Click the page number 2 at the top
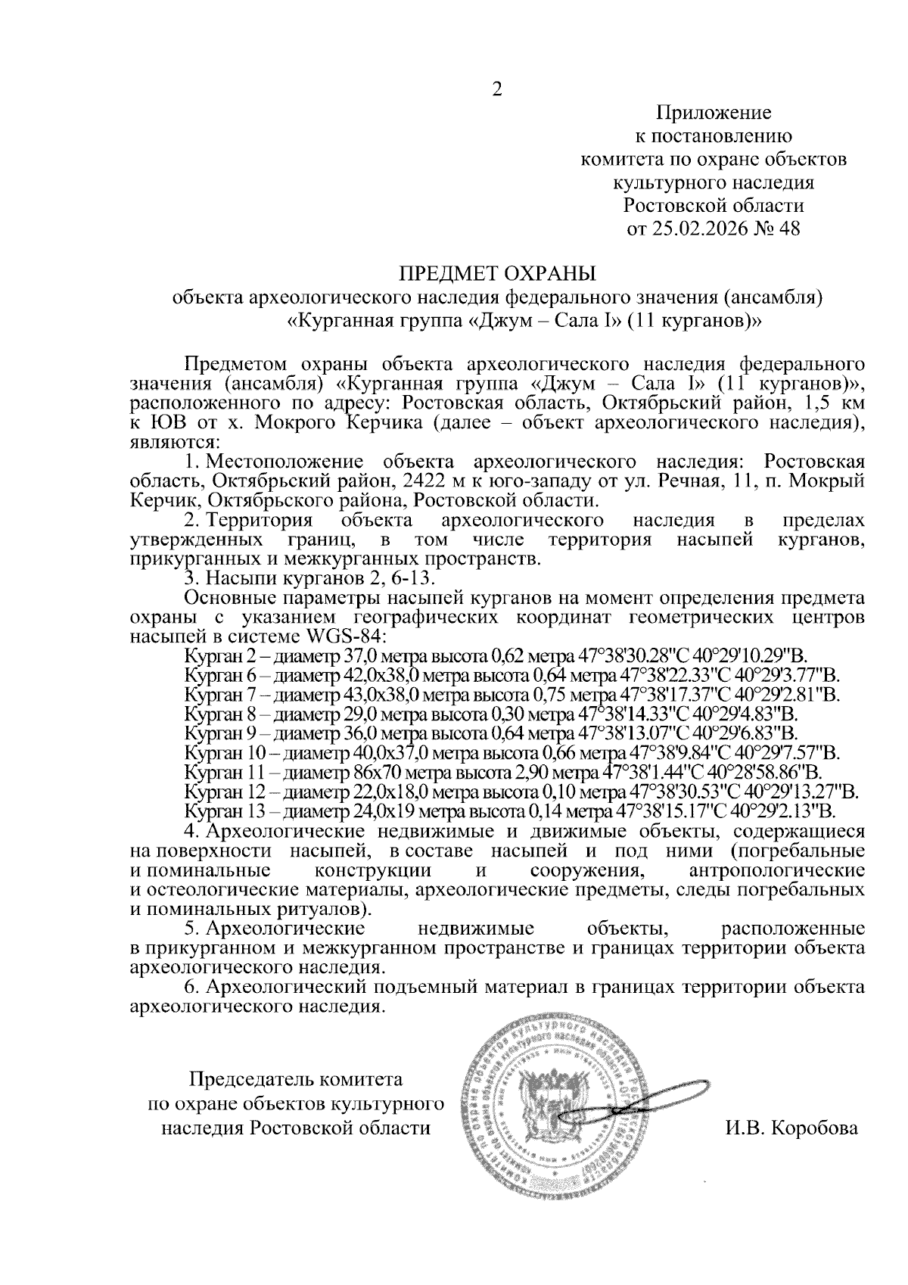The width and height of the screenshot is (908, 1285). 497,90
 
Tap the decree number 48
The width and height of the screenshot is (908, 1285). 788,228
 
